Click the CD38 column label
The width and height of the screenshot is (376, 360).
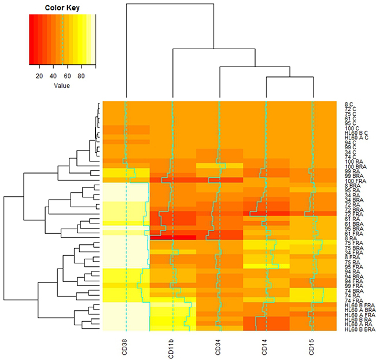tap(126, 344)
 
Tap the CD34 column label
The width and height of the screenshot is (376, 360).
tap(219, 344)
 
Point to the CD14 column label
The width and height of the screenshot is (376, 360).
tap(266, 344)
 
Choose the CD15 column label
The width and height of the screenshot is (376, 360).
tap(313, 344)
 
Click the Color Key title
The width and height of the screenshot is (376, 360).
tap(62, 8)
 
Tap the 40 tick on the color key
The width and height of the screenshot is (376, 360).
tap(54, 76)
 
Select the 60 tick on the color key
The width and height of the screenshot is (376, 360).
tap(68, 76)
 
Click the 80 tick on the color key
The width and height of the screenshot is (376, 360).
tap(82, 76)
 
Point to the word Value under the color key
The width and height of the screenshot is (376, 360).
tap(62, 86)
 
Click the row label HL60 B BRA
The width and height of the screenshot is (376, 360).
tap(356, 329)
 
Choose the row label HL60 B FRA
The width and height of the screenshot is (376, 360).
tap(356, 305)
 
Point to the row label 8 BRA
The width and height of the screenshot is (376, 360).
tap(350, 186)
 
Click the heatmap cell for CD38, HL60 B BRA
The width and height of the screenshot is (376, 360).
tap(126, 328)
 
